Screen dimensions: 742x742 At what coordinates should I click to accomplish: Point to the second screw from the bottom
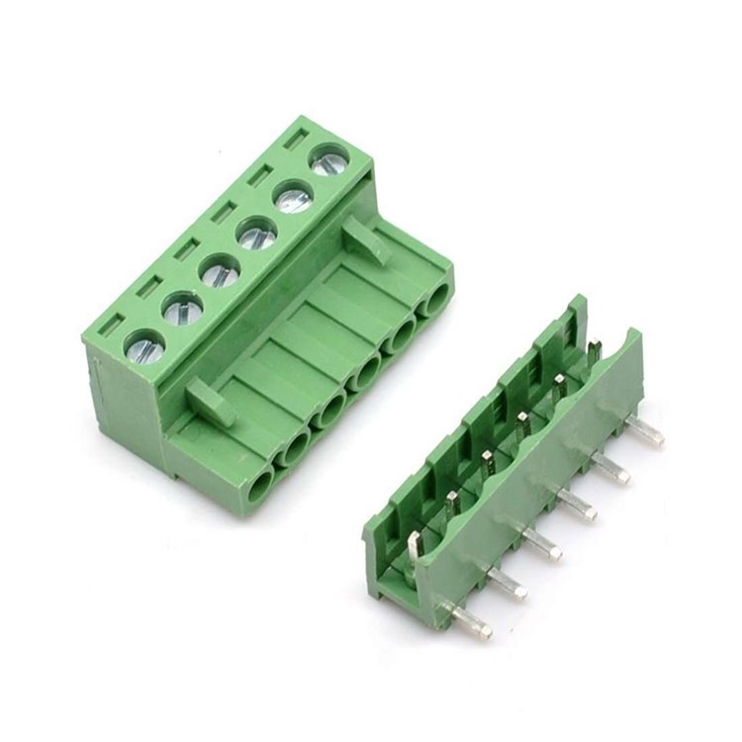(x=182, y=311)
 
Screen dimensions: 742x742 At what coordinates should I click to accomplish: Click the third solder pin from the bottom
(x=541, y=543)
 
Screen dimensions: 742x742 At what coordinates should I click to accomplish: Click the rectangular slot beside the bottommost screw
(x=110, y=325)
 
